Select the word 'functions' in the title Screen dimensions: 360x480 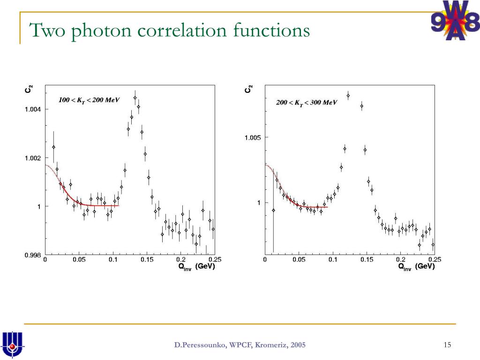[271, 30]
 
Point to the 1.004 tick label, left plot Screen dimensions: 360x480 [33, 110]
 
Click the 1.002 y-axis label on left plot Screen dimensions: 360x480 [33, 158]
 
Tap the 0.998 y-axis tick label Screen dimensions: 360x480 [33, 255]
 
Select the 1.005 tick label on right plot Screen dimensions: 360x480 [253, 137]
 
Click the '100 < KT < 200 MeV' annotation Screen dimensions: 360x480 [89, 100]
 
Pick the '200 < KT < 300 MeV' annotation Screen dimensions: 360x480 [307, 102]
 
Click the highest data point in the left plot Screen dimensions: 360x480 [135, 98]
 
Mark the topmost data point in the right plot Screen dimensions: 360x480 [348, 96]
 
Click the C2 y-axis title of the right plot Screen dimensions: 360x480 [248, 88]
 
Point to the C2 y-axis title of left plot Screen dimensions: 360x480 [29, 88]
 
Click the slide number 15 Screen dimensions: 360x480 [447, 345]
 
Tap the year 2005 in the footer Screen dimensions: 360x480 [298, 345]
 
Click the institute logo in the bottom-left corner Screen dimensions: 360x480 [13, 344]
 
